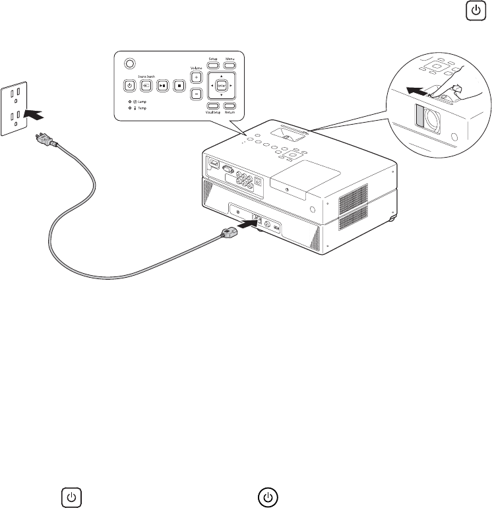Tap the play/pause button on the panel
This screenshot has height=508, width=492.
point(161,85)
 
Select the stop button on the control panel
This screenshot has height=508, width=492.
point(177,85)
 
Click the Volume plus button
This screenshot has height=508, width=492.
point(196,77)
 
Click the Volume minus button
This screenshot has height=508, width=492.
point(196,94)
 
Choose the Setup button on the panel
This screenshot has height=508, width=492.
point(214,65)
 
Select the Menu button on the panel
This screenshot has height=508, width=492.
point(230,65)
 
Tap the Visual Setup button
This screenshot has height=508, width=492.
point(214,106)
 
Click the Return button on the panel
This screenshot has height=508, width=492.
point(230,106)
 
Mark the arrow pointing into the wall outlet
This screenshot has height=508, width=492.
point(36,115)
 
